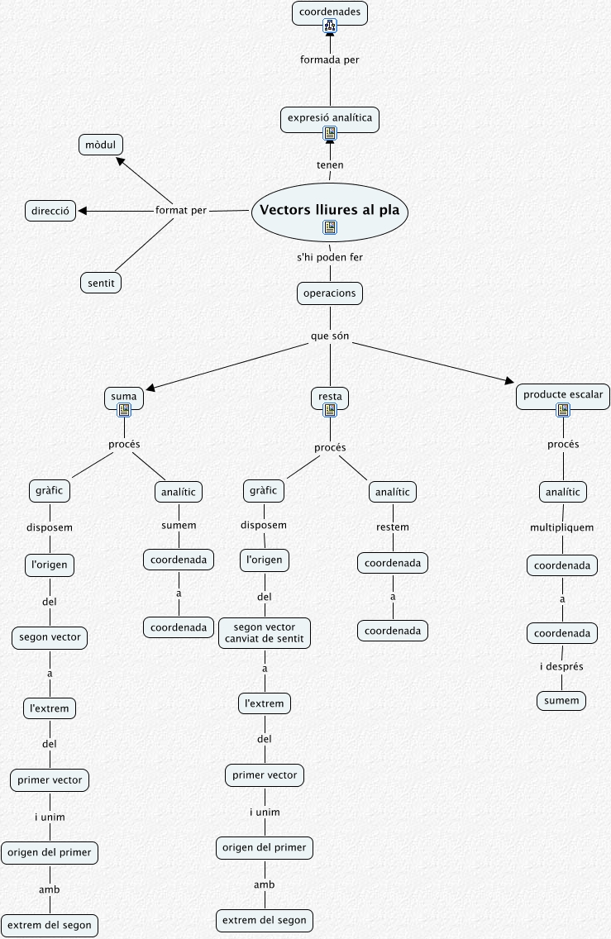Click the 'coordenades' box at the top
tap(329, 12)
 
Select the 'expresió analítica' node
tap(330, 118)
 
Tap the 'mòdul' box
tap(100, 145)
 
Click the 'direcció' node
tap(50, 211)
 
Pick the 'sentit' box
tap(101, 283)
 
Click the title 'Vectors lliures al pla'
tap(329, 210)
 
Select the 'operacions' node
tap(330, 293)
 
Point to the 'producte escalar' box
tap(562, 395)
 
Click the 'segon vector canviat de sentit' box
tap(265, 632)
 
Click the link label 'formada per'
tap(329, 60)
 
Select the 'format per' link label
tap(181, 210)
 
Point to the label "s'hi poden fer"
tap(330, 257)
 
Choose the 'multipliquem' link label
tap(562, 527)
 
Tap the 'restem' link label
tap(393, 527)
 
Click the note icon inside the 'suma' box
tap(124, 409)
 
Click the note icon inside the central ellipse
tap(329, 226)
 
